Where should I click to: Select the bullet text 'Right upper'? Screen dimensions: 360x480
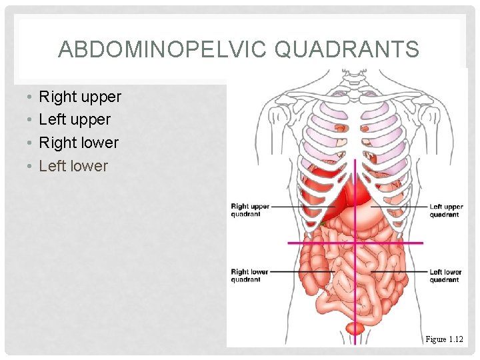coord(80,97)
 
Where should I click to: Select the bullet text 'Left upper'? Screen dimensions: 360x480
coord(75,120)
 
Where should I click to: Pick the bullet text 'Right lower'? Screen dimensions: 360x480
coord(79,143)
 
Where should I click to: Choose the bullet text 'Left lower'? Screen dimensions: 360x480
coord(73,165)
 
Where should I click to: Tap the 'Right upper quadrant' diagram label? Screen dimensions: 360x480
coord(250,210)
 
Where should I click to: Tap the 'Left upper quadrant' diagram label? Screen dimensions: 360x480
coord(445,210)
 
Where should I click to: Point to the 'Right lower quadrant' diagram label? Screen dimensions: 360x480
coord(250,275)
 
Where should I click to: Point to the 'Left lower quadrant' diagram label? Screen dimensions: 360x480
coord(445,275)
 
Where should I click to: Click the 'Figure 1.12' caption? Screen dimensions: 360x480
coord(444,339)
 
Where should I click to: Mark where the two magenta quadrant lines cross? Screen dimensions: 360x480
coord(355,243)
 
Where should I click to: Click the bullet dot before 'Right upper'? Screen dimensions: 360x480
coord(23,97)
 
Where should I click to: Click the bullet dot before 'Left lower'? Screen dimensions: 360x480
coord(23,166)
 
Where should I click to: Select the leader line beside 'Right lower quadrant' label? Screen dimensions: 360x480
coord(287,271)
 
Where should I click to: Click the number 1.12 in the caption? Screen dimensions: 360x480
coord(455,339)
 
